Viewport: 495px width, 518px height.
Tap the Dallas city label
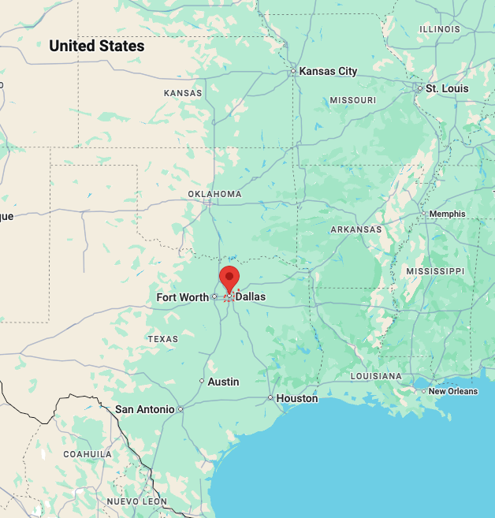[251, 297]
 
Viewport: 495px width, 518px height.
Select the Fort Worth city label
[183, 297]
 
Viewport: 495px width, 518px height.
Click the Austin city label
[223, 382]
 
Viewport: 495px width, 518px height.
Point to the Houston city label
[297, 398]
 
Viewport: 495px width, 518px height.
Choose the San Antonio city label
[144, 409]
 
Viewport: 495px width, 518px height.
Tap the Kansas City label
[328, 71]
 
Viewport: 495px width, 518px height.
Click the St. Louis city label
[447, 88]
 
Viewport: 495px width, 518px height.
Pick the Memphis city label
[447, 214]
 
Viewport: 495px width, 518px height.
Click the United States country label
[97, 46]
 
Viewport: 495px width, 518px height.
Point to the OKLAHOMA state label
[214, 194]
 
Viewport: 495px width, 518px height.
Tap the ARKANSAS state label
[355, 229]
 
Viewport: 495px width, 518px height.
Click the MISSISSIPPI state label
[435, 270]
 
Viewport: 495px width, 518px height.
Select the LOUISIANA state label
[376, 376]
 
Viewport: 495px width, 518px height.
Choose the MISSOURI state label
[352, 100]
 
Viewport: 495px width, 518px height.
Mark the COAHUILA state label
[87, 454]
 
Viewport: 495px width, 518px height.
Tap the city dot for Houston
[270, 398]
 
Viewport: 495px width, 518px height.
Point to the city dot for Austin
[202, 382]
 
